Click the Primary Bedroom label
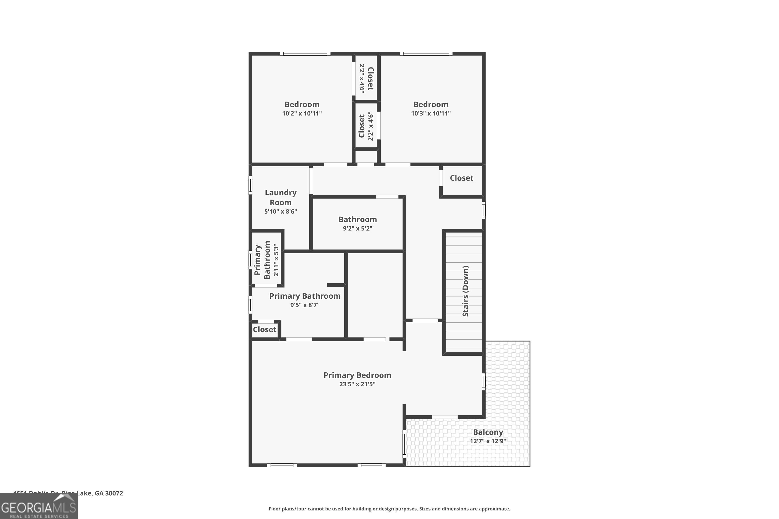357,375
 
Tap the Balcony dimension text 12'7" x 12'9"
488,441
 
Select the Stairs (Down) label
465,291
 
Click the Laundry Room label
280,197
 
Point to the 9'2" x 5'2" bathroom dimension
357,228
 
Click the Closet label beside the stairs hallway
461,178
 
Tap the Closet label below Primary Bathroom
264,330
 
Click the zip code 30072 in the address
114,493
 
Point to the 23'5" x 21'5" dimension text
357,384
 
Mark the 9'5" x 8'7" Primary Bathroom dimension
305,305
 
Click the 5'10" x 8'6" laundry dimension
280,211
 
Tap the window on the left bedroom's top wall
305,54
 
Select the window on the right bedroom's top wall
426,54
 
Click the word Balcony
488,432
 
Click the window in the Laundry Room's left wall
250,185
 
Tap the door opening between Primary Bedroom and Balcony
445,417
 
